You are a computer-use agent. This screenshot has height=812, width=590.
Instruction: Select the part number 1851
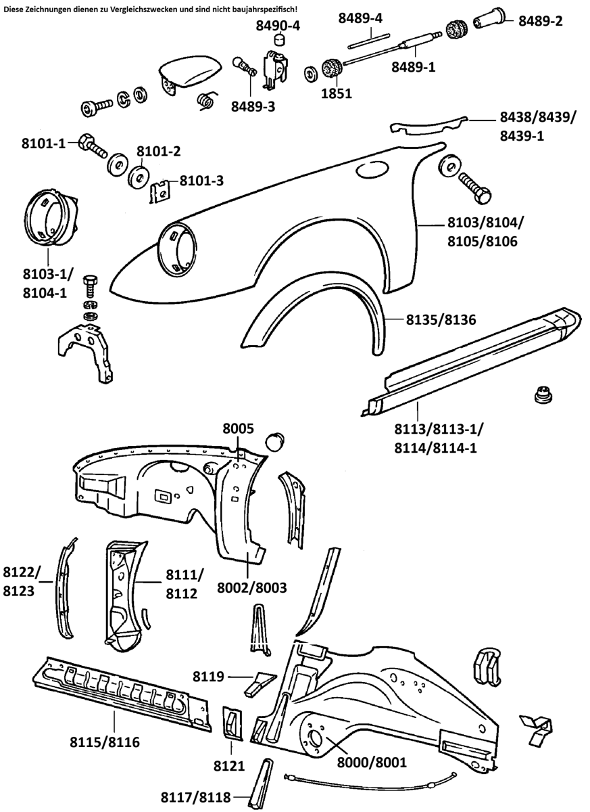(336, 93)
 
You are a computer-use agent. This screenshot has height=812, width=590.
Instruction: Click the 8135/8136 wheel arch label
(441, 318)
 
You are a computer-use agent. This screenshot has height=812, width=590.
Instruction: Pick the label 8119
(208, 676)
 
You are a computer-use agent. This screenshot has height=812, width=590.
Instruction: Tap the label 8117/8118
(195, 797)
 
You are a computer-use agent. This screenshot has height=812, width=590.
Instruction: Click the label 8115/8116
(105, 742)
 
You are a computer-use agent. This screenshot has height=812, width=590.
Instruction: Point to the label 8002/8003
(252, 588)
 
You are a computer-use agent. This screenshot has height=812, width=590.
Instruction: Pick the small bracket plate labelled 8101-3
(159, 191)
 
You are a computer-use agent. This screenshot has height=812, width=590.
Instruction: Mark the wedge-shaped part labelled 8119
(260, 681)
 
